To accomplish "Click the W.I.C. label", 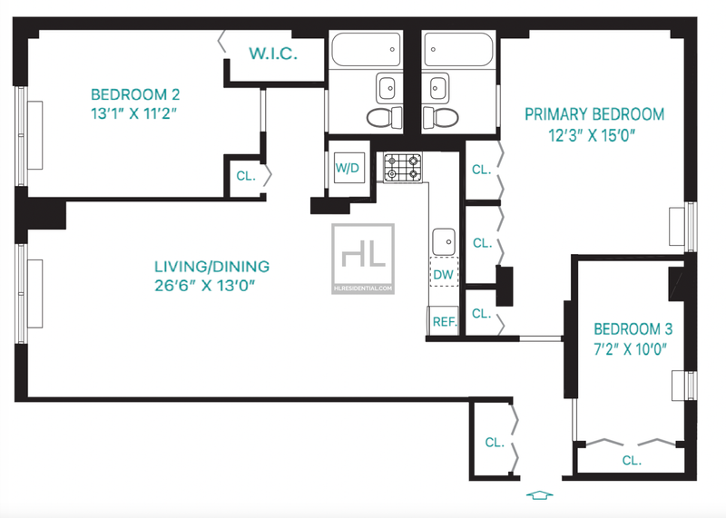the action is [x=273, y=54].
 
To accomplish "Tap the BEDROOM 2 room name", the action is [x=134, y=95].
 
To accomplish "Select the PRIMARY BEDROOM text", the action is [x=594, y=114].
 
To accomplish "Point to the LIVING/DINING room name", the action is [x=211, y=267].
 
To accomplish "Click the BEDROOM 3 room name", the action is [x=633, y=329].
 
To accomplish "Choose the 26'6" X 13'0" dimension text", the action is [x=205, y=286].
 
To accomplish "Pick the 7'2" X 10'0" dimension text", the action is [x=630, y=349].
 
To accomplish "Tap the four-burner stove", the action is [x=402, y=167].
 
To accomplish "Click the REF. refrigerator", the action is [x=443, y=320].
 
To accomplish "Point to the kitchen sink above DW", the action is [x=444, y=241].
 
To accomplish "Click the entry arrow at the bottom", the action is [x=539, y=494].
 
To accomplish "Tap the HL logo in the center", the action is [x=363, y=259].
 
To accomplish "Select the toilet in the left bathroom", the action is [x=384, y=118].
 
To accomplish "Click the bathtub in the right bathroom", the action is [x=458, y=49].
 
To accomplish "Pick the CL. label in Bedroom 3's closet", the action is [x=632, y=460].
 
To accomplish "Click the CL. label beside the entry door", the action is [x=494, y=443].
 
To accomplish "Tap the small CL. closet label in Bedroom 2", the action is [x=246, y=176].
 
